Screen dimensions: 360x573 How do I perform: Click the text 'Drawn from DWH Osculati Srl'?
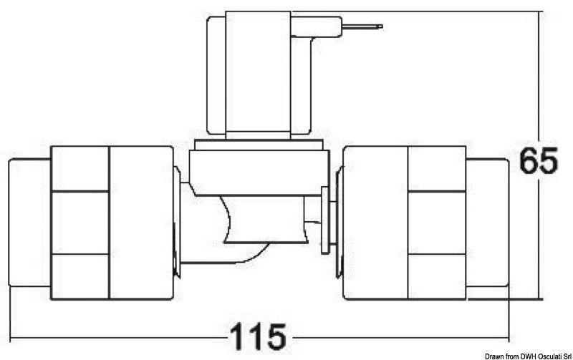point(528,356)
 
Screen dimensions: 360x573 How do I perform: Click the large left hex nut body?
point(112,222)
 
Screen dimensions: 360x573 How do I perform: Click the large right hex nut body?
point(405,222)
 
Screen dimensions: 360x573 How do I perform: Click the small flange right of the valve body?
point(326,219)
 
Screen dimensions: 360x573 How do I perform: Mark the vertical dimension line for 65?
point(538,236)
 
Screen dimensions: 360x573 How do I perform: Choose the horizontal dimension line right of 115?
point(401,336)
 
